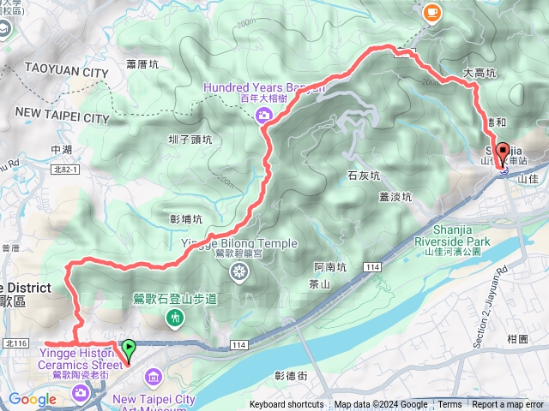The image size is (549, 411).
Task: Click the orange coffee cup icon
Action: pos(431,12)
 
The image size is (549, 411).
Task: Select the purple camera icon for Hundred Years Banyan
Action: pos(265,115)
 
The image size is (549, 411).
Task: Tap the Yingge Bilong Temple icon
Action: pos(240,272)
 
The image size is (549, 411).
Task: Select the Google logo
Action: pos(32,399)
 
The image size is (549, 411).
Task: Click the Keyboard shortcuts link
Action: pos(287,405)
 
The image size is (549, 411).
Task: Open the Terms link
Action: pos(449,405)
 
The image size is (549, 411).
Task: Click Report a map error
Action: pos(508,405)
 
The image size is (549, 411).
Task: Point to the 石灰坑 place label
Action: pos(364,176)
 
